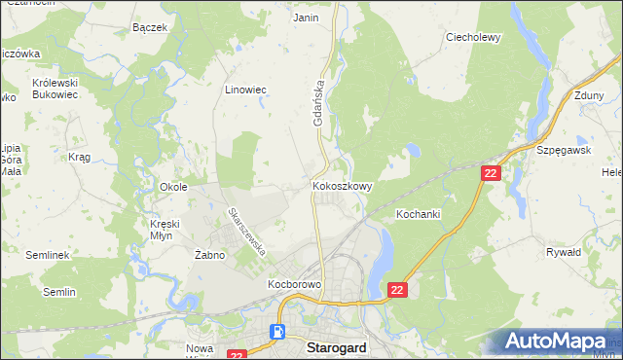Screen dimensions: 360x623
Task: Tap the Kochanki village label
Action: point(419,213)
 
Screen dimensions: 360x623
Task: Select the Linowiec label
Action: point(245,90)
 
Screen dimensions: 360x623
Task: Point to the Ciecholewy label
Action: point(472,38)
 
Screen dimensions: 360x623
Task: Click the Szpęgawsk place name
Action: point(565,152)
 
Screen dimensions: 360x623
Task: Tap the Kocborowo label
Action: point(294,285)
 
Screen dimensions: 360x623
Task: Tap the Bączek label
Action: point(149,27)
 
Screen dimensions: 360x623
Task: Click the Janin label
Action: point(306,18)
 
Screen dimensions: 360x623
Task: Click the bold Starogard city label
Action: point(337,346)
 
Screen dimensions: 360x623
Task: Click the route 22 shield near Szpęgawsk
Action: point(491,172)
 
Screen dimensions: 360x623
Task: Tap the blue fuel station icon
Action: point(278,332)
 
